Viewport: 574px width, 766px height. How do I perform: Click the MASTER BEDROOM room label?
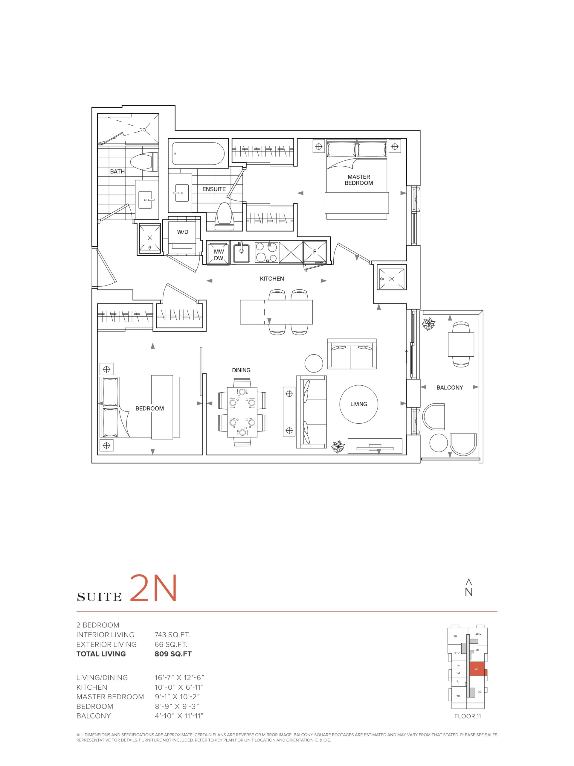358,180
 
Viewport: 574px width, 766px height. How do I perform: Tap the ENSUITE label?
214,189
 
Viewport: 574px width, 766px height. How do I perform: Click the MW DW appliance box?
218,253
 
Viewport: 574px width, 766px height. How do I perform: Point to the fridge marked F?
315,252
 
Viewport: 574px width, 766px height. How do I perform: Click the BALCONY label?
449,387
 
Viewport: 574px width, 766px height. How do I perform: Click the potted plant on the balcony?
428,324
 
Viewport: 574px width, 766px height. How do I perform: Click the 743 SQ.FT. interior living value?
172,635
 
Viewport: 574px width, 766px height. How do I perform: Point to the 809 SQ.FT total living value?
173,654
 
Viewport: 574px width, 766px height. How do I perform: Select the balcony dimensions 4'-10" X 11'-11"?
179,716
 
